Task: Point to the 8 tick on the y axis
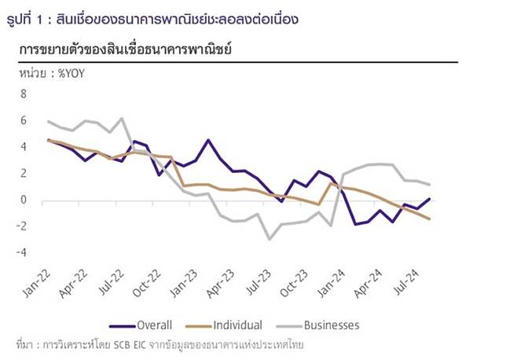tap(24, 94)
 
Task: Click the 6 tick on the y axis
tap(24, 120)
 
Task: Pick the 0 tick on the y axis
tap(24, 200)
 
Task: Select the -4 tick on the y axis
tap(21, 252)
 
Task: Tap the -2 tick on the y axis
tap(21, 226)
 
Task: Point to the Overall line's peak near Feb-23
tap(208, 140)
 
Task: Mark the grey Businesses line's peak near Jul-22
tap(122, 119)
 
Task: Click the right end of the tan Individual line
tap(430, 219)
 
